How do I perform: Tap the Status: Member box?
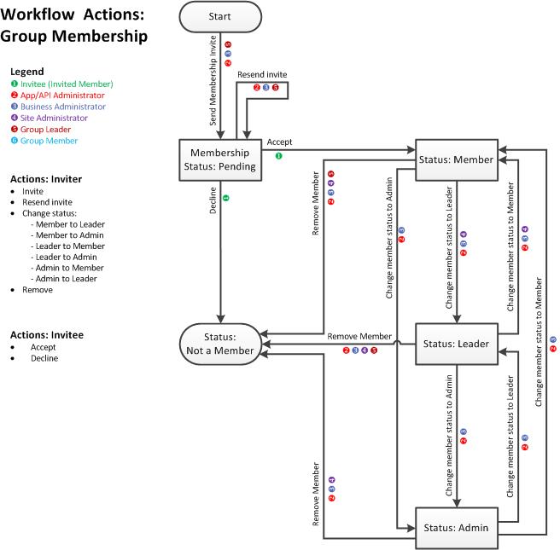click(456, 159)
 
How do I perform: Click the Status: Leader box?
click(456, 344)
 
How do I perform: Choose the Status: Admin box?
click(456, 528)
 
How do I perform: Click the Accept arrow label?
click(279, 142)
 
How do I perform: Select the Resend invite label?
click(261, 76)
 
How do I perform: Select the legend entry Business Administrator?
click(62, 107)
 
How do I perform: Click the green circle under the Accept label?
click(279, 156)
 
